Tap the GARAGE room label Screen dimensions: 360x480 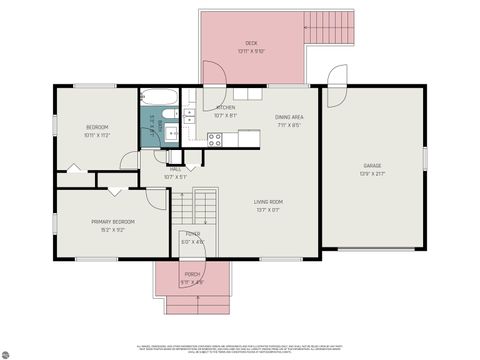(x=373, y=166)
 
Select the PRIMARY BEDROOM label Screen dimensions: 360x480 (x=113, y=221)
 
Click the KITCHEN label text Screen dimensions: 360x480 (x=226, y=107)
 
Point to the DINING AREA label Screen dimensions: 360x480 (x=290, y=118)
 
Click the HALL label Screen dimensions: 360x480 (x=175, y=170)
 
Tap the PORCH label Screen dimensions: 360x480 (x=192, y=274)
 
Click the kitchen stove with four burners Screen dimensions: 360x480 (x=215, y=138)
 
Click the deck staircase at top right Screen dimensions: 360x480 (x=330, y=28)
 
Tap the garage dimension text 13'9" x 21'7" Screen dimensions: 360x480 (x=373, y=174)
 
